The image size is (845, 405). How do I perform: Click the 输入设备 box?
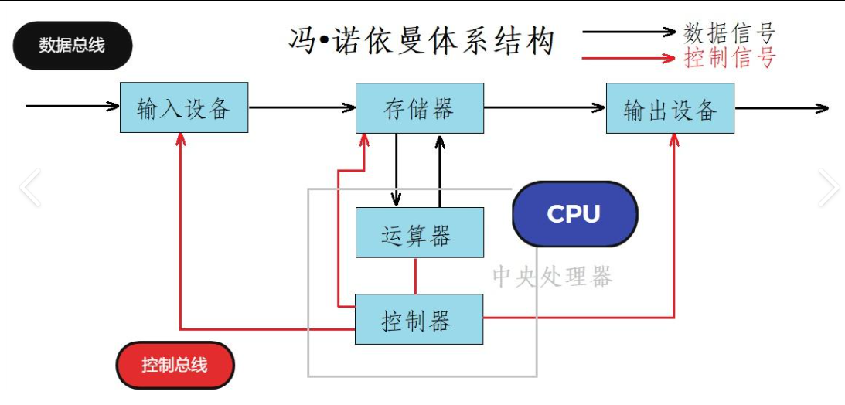[184, 107]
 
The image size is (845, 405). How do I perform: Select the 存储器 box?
[419, 107]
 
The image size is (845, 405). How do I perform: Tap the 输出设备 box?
[670, 108]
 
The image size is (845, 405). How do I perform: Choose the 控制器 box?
[419, 318]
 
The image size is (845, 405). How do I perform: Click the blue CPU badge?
[574, 214]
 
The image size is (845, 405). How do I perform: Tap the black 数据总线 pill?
[72, 46]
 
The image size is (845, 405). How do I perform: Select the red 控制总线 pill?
[175, 364]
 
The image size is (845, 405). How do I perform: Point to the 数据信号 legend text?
[729, 32]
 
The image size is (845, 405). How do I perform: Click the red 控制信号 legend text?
[729, 57]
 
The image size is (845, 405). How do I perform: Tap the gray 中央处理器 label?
[552, 277]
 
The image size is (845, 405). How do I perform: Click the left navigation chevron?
[30, 188]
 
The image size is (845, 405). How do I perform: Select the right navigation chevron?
[827, 188]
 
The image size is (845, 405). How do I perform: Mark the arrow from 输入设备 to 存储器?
[302, 107]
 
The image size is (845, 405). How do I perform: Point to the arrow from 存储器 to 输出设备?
[544, 107]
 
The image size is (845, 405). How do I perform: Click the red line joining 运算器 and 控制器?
[416, 275]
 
